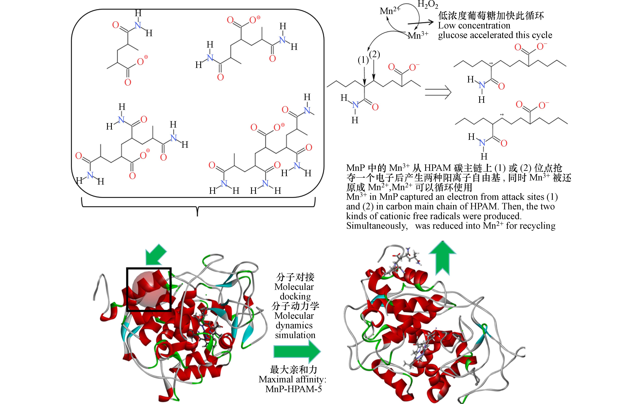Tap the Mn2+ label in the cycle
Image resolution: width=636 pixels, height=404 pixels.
(390, 11)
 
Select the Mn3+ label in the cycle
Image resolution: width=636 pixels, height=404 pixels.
(418, 35)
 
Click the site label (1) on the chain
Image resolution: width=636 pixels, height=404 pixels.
(363, 60)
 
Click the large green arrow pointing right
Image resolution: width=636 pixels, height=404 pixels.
(297, 351)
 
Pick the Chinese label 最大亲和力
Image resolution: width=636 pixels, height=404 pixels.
(293, 370)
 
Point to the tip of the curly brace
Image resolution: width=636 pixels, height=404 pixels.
(197, 216)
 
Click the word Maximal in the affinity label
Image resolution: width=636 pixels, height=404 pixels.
(275, 379)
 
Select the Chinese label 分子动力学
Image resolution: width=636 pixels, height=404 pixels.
(295, 306)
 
